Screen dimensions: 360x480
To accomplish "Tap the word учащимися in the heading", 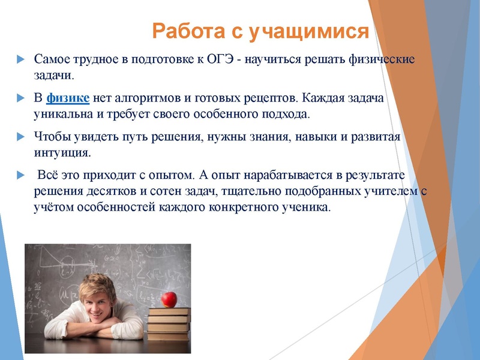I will [x=308, y=31].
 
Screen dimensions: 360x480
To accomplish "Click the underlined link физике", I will [x=68, y=97].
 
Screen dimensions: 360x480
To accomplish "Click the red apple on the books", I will [x=170, y=298].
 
